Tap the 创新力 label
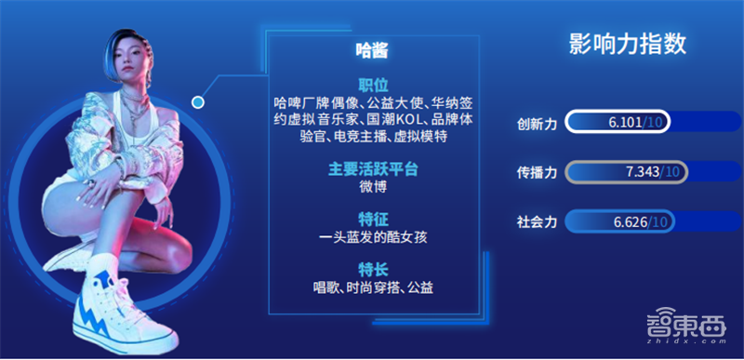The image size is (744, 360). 537,124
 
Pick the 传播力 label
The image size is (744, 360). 537,173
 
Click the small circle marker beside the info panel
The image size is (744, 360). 198,100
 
